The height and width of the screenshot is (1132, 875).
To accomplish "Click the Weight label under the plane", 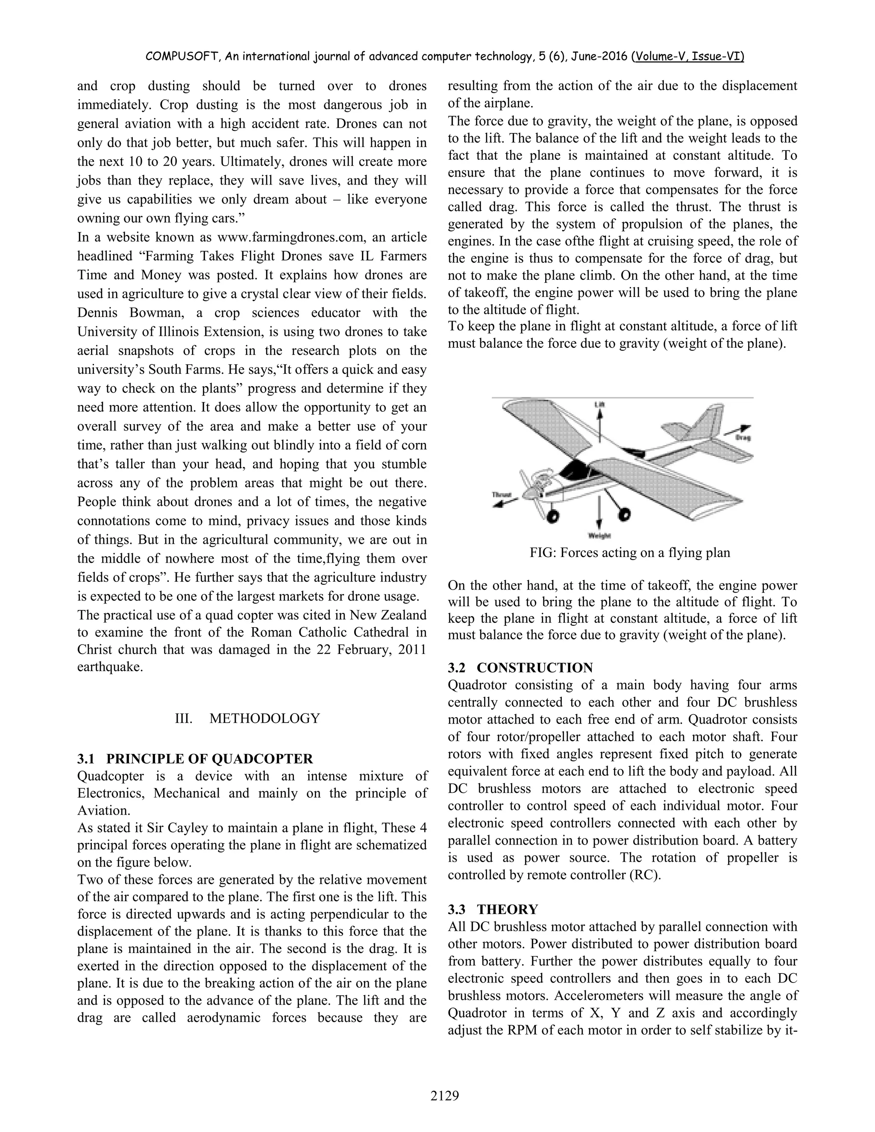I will [599, 535].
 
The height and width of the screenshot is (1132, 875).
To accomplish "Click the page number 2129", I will [445, 1095].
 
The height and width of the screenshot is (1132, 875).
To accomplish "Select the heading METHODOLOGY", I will [264, 718].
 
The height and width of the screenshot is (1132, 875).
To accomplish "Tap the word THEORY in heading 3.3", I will [508, 909].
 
